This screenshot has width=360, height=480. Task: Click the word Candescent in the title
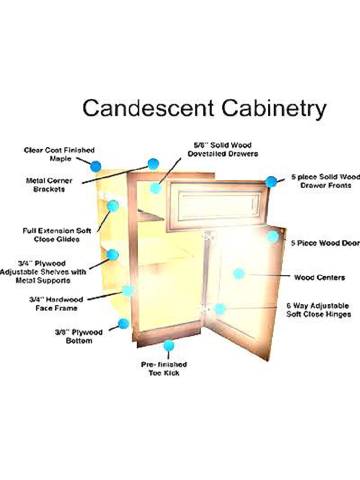tap(148, 108)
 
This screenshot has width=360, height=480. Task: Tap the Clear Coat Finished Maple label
tap(60, 154)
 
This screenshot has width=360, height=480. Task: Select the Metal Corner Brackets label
tap(49, 185)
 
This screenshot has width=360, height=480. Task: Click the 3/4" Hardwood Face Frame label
tap(56, 304)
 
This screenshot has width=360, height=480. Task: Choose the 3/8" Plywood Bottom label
tap(79, 337)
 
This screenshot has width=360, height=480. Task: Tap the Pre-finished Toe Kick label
tap(164, 368)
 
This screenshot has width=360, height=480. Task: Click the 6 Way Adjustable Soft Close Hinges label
tap(318, 310)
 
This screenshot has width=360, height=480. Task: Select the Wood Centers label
tap(320, 277)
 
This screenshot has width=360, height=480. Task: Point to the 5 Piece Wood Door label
tap(325, 243)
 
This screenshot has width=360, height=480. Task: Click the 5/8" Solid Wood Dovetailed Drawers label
tap(223, 150)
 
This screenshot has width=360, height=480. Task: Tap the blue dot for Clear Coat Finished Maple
tap(96, 166)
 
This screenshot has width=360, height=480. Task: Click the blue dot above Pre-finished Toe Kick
tap(168, 345)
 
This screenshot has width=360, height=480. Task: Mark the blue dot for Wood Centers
tap(239, 274)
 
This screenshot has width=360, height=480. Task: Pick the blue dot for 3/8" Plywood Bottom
tap(124, 323)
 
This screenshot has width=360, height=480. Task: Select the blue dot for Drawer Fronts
tap(271, 182)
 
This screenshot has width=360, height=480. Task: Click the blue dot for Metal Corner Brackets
tap(153, 164)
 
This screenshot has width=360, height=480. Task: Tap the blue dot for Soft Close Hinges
tap(219, 309)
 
